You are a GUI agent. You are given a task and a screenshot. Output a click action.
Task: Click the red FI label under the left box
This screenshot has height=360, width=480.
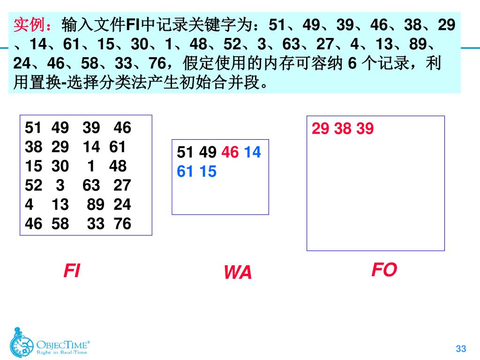point(72,270)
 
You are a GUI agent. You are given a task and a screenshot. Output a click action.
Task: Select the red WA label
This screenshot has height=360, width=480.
point(238,272)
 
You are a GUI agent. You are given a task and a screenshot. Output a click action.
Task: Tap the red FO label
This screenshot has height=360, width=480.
point(384,270)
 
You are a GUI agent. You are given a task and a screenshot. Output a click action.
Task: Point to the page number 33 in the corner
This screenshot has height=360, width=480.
point(461,348)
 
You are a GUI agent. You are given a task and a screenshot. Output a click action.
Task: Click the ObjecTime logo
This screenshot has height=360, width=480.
point(49,341)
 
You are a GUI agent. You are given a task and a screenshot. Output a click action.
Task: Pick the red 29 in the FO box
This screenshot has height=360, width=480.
point(321,128)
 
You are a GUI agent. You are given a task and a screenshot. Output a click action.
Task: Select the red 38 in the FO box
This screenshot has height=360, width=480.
point(343,128)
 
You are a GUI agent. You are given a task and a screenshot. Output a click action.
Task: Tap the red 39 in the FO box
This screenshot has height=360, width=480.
point(365,128)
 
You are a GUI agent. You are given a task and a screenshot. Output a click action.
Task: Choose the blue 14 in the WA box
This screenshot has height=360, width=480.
point(252,152)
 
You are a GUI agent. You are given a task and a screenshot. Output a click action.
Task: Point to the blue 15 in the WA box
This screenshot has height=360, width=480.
point(208,172)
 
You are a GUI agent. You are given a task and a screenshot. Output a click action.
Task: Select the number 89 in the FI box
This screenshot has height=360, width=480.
point(96,204)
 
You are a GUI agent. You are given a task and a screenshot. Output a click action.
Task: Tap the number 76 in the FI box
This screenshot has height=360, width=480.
point(122,224)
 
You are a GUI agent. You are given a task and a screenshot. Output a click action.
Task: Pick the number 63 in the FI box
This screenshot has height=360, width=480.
point(91,185)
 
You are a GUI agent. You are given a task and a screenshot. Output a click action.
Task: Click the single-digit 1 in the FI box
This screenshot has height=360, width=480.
point(91,166)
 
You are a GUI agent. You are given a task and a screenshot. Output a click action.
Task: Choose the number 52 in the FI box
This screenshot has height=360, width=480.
point(33,185)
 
